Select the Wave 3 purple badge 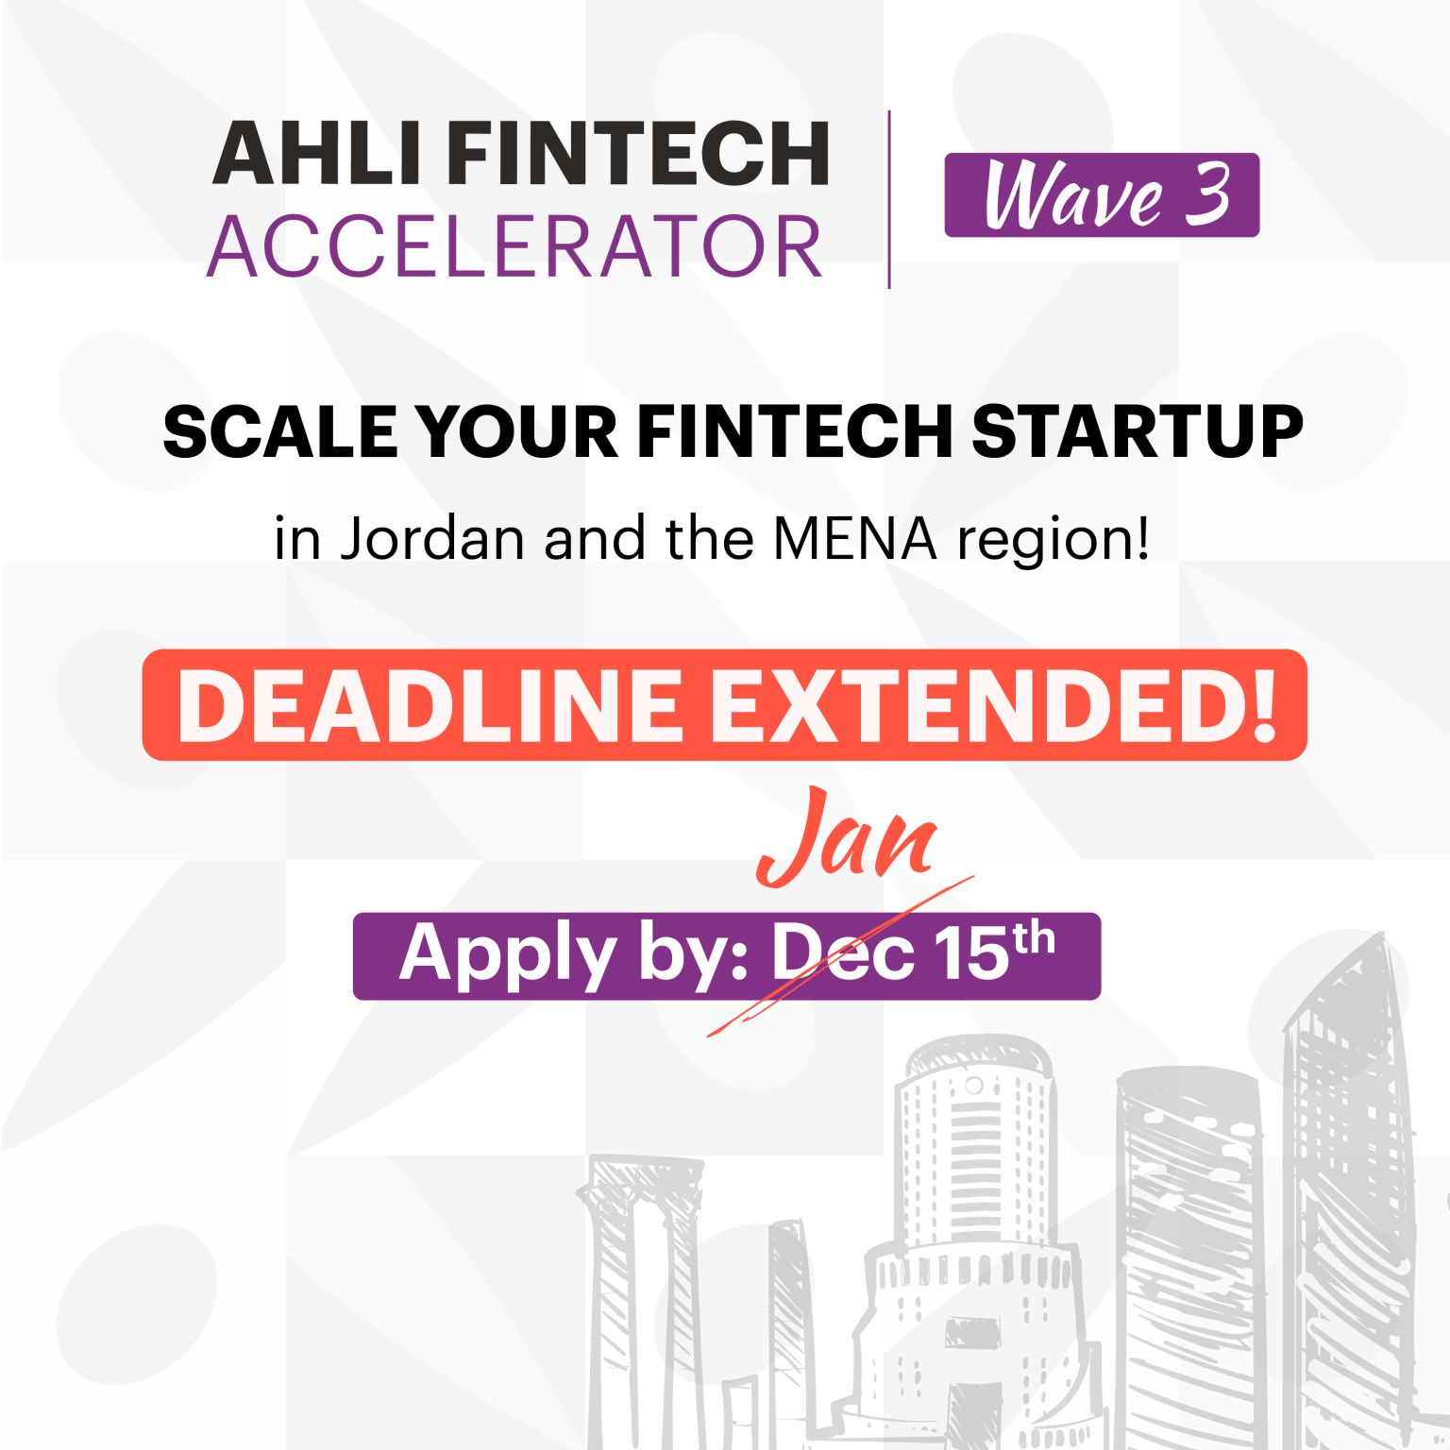click(1102, 195)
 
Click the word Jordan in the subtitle click(431, 539)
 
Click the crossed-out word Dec click(843, 955)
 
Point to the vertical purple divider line click(889, 199)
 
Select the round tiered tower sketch click(972, 1227)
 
